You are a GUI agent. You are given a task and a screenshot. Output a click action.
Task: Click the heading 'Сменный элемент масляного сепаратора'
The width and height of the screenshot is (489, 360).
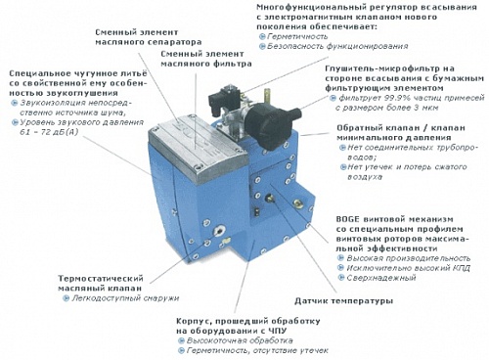149,38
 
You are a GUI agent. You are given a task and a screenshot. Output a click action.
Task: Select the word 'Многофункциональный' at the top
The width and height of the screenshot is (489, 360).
291,8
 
